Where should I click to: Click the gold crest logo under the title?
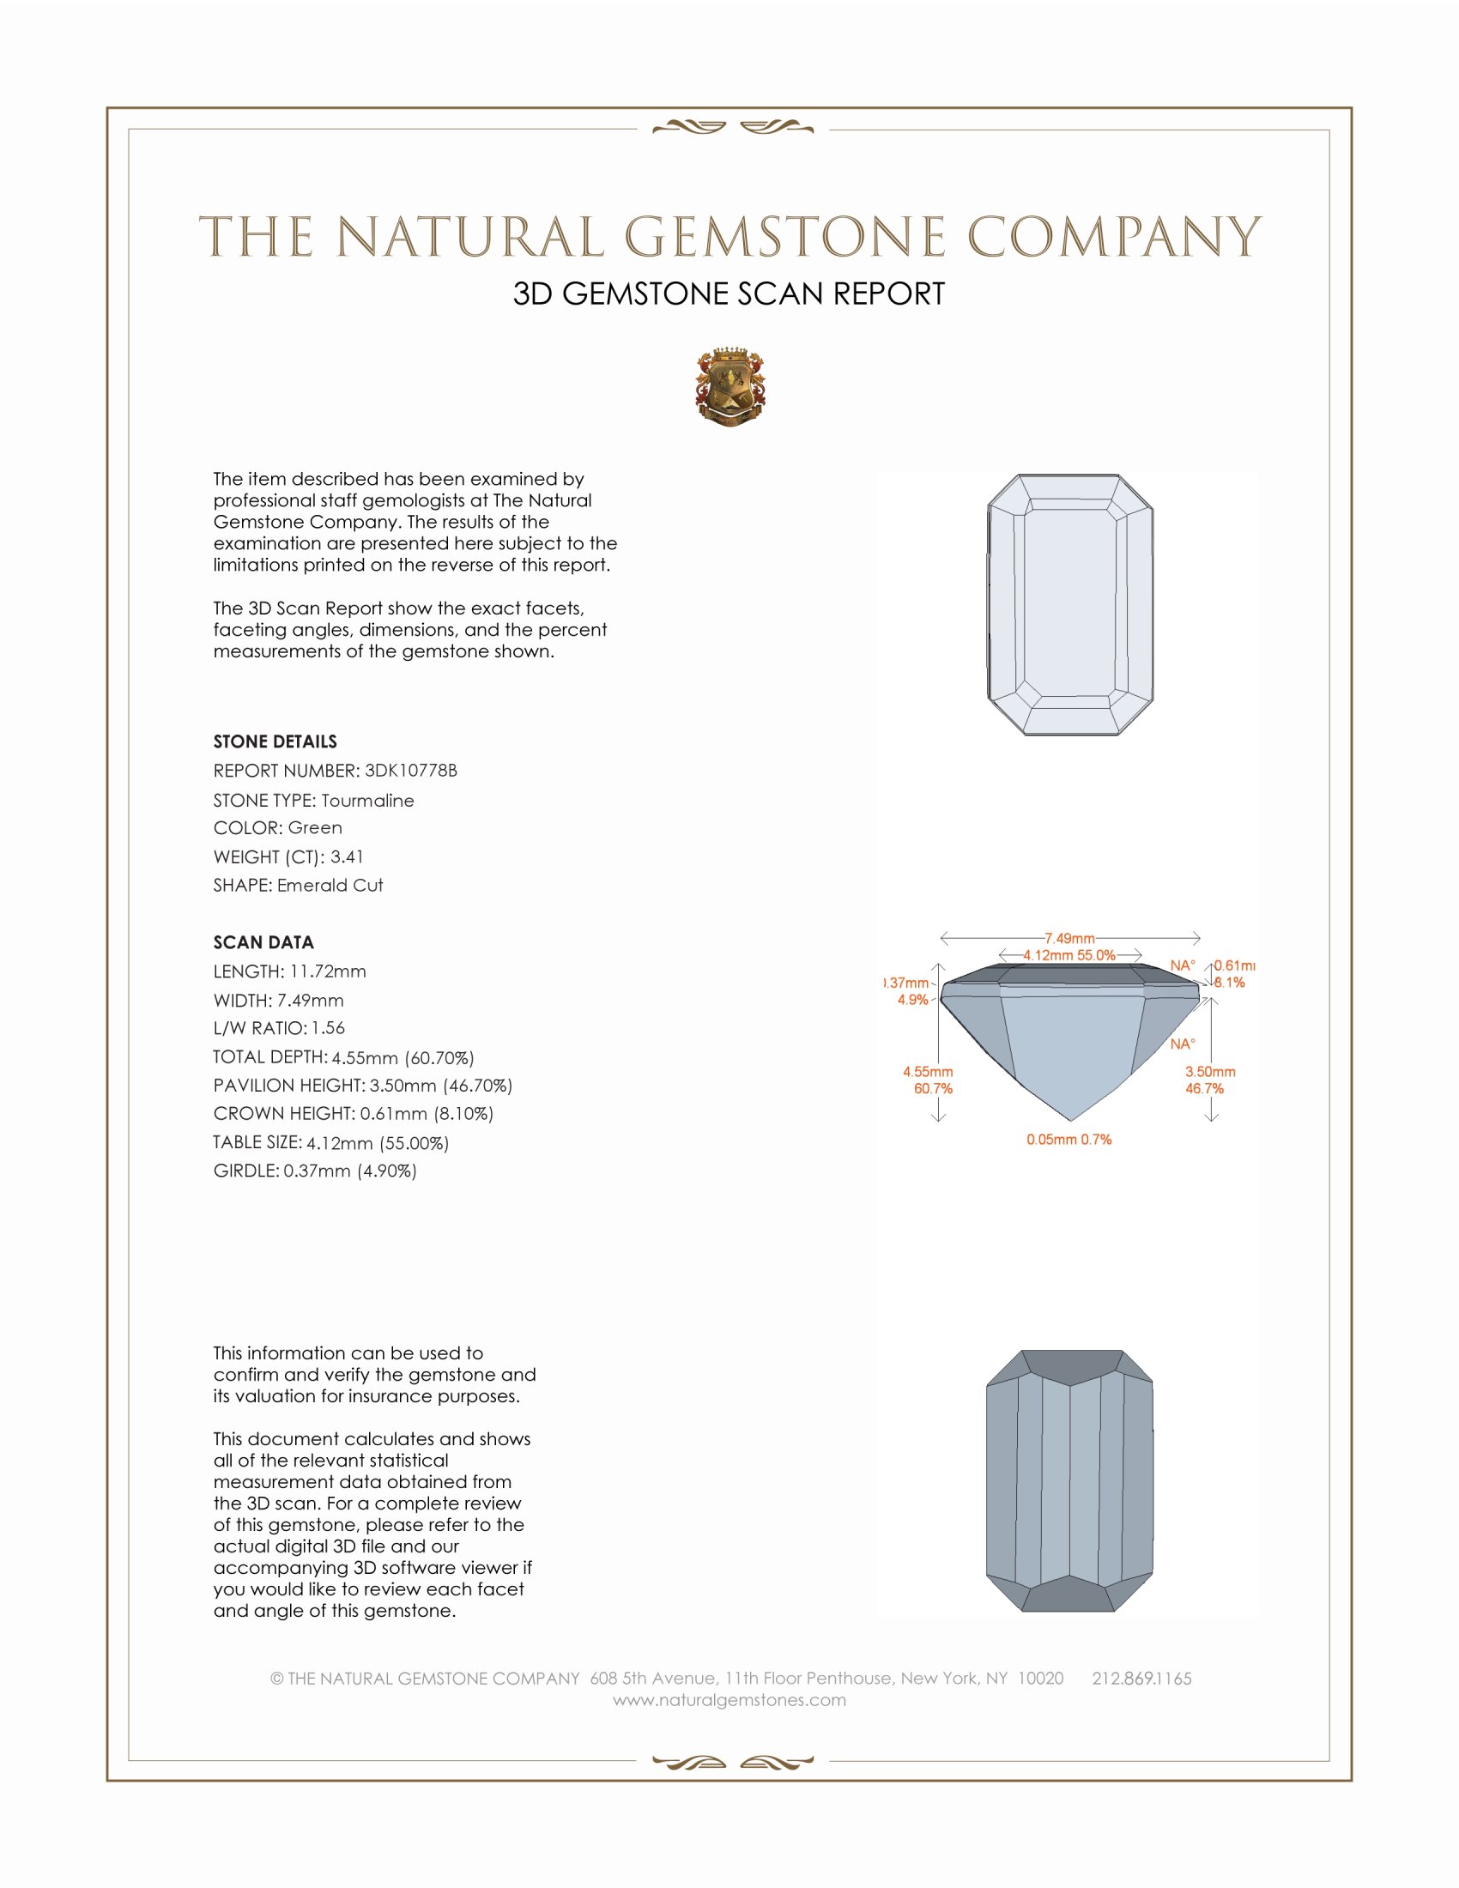click(x=729, y=387)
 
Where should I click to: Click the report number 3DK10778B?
click(x=410, y=771)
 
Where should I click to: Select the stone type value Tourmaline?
click(x=367, y=801)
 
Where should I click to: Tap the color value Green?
click(x=315, y=828)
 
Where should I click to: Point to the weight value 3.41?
click(x=347, y=856)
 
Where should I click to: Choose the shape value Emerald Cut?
click(x=330, y=886)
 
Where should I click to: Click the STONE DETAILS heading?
click(x=275, y=741)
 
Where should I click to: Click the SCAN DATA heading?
click(x=263, y=942)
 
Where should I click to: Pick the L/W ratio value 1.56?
click(x=329, y=1028)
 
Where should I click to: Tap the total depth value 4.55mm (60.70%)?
click(x=403, y=1057)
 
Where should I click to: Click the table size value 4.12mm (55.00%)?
click(x=378, y=1143)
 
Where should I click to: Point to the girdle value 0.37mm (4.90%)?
click(x=350, y=1171)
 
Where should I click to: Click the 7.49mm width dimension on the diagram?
click(x=1069, y=938)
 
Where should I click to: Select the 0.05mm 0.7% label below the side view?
click(x=1069, y=1140)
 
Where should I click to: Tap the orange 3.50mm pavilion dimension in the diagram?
click(x=1210, y=1072)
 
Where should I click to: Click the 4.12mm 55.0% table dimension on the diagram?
click(x=1069, y=955)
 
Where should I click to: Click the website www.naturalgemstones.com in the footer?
click(x=729, y=1700)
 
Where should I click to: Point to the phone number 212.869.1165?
click(x=1141, y=1679)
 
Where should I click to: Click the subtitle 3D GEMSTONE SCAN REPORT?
click(x=729, y=293)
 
